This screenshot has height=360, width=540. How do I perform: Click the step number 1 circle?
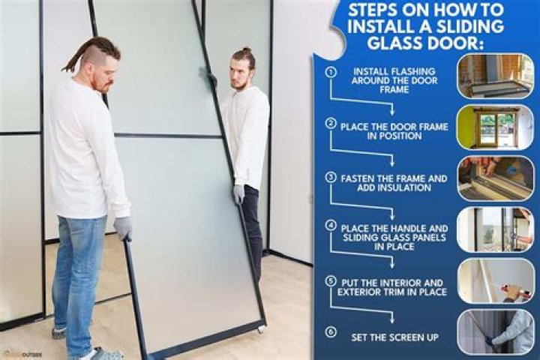tap(330, 73)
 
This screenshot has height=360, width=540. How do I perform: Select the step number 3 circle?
tap(330, 178)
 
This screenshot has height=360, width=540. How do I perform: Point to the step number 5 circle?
tap(330, 280)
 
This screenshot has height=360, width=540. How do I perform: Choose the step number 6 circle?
tap(330, 330)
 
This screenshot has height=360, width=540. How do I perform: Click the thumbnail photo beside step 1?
tap(495, 75)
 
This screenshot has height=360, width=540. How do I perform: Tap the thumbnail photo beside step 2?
tap(495, 127)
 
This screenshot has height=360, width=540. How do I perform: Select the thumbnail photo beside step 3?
tap(495, 178)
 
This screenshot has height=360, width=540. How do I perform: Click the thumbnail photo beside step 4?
tap(495, 229)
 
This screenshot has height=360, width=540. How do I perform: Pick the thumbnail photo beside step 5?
tap(495, 280)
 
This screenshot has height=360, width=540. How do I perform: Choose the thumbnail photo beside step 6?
tap(495, 331)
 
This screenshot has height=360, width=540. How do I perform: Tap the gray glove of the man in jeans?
tap(124, 228)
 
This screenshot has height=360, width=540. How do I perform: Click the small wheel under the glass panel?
tap(260, 328)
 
